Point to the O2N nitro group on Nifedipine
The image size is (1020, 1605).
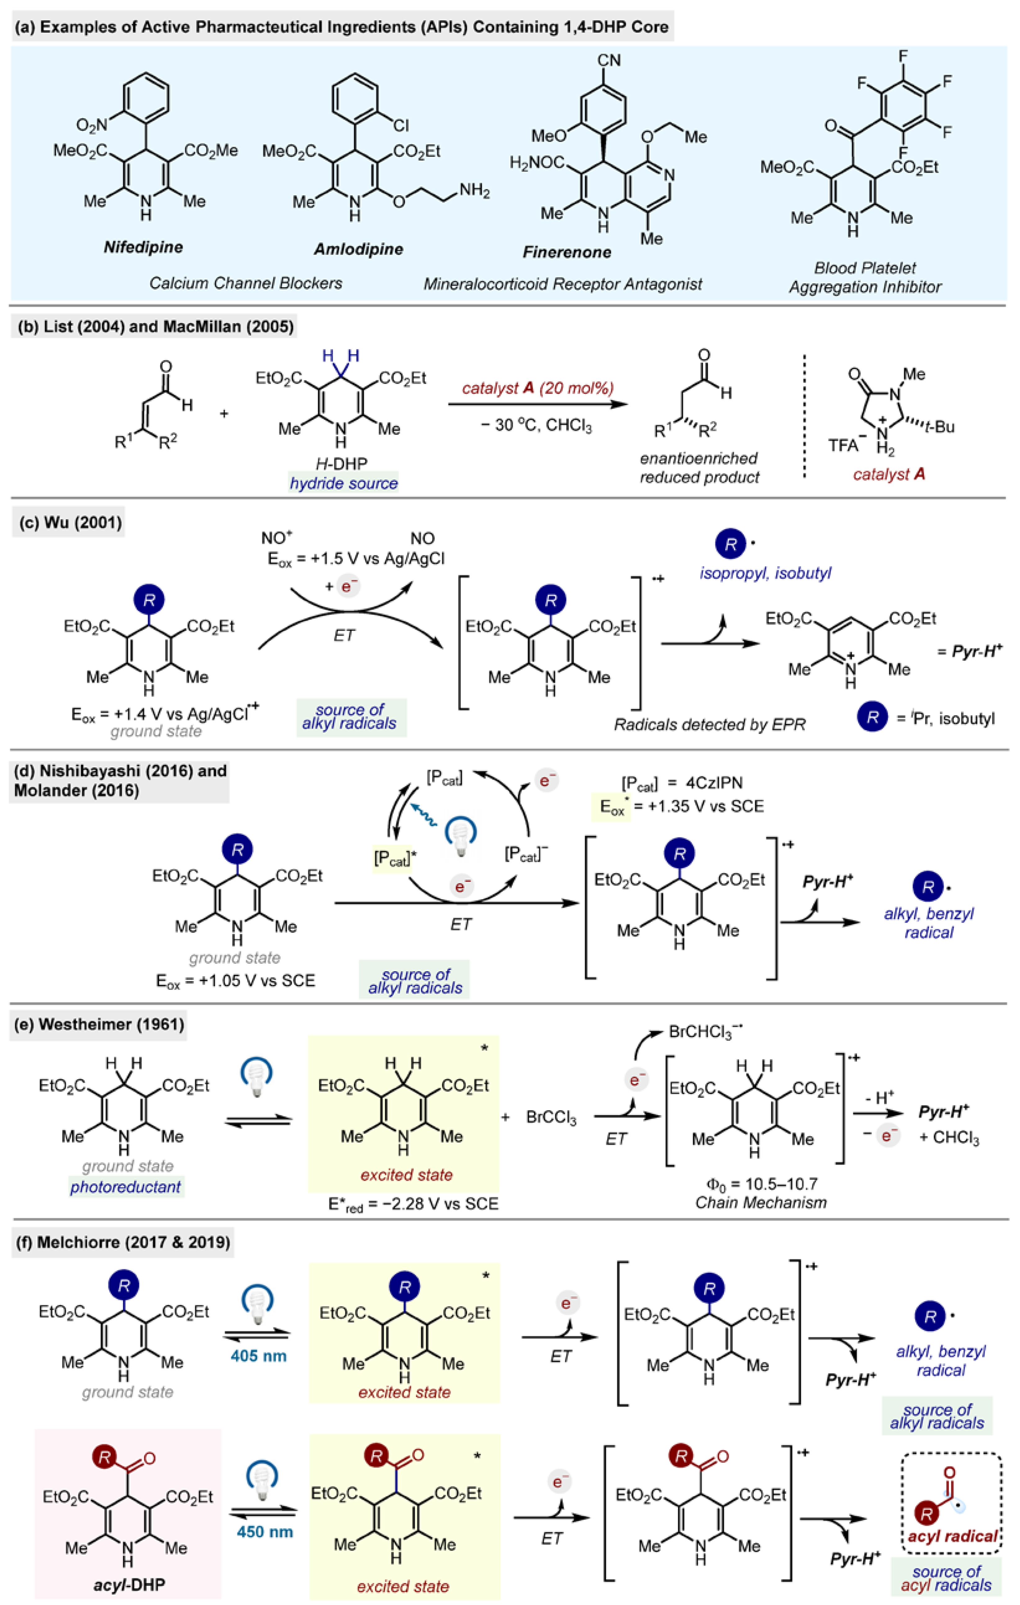91,125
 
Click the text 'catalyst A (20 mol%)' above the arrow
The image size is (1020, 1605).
537,388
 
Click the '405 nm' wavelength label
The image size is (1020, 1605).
259,1356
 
